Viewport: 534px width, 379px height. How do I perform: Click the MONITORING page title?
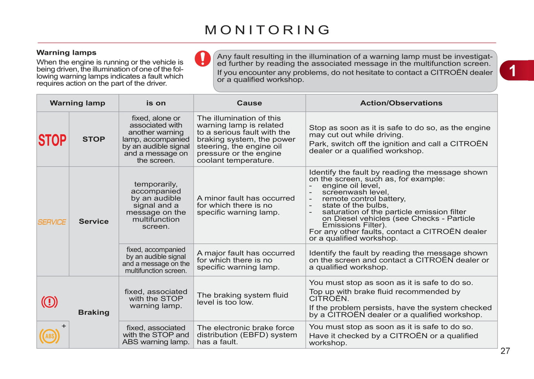click(267, 30)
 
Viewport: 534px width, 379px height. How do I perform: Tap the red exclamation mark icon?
click(203, 58)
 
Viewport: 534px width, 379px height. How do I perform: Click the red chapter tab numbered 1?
click(515, 70)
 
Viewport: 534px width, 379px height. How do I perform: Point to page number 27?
click(505, 351)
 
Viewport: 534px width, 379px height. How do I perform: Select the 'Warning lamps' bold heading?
click(67, 52)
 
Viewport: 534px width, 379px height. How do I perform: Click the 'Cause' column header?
click(249, 103)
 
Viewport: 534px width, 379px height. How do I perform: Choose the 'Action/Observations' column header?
click(401, 103)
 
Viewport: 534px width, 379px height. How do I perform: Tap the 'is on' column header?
click(156, 103)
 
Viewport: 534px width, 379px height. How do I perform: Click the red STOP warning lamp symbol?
click(52, 140)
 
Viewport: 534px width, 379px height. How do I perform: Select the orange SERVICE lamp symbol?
click(52, 222)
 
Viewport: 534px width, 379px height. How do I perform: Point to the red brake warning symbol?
click(50, 302)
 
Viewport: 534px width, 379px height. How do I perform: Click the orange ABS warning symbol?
click(50, 336)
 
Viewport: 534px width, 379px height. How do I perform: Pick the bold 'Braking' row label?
click(94, 313)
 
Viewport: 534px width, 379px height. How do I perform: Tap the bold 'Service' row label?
click(94, 221)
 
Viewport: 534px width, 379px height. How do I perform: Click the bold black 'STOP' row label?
click(94, 139)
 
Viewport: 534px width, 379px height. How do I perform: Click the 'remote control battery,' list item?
click(364, 199)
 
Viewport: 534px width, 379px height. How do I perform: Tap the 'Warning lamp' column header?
click(78, 103)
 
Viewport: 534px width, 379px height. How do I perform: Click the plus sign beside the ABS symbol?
click(64, 326)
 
